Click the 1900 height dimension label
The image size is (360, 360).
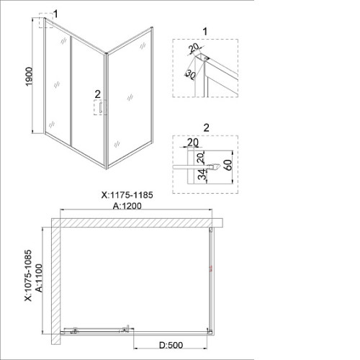tap(29, 76)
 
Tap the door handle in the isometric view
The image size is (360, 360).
tap(102, 107)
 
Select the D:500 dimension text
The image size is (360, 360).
tap(171, 345)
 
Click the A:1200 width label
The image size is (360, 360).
tap(127, 206)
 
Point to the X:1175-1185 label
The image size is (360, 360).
tap(127, 195)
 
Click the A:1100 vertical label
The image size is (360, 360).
tap(39, 278)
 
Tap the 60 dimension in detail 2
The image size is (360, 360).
tap(228, 165)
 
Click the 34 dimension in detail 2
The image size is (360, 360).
tap(203, 174)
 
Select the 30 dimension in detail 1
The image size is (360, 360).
tap(190, 75)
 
